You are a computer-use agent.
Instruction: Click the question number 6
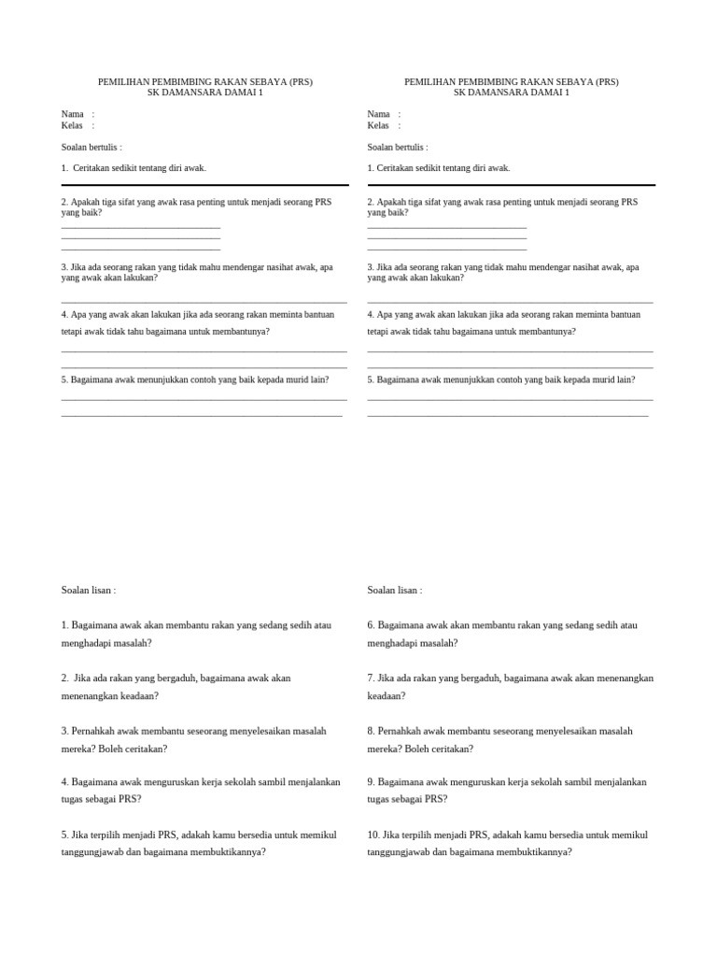(372, 625)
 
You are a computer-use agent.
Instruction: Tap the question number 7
(372, 678)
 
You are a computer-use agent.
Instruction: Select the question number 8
(372, 731)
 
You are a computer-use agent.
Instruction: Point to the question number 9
(372, 782)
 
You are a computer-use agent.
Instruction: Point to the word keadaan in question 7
(387, 696)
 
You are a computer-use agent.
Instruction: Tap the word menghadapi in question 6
(392, 643)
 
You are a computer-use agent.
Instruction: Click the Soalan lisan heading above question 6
(395, 591)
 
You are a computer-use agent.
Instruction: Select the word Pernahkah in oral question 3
(93, 731)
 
